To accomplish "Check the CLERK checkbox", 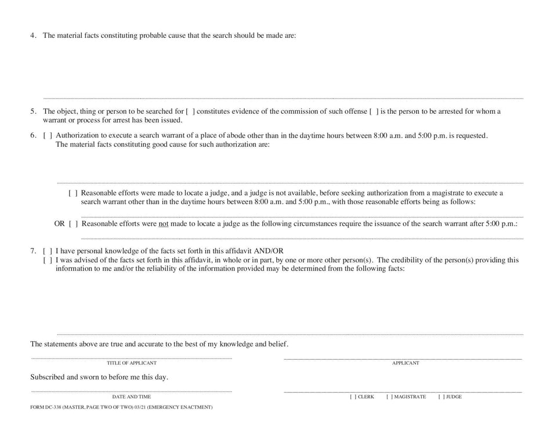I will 353,397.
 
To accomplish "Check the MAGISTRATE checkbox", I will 389,397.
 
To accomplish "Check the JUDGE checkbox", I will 441,397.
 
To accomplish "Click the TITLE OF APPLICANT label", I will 132,363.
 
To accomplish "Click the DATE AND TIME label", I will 132,397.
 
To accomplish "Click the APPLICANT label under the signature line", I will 406,363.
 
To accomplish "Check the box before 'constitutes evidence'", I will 190,111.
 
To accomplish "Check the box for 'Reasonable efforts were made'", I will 73,193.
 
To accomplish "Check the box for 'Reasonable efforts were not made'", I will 74,223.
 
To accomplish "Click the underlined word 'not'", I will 164,223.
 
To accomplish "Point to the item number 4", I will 33,35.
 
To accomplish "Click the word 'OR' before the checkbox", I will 59,223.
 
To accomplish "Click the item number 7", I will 33,251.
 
